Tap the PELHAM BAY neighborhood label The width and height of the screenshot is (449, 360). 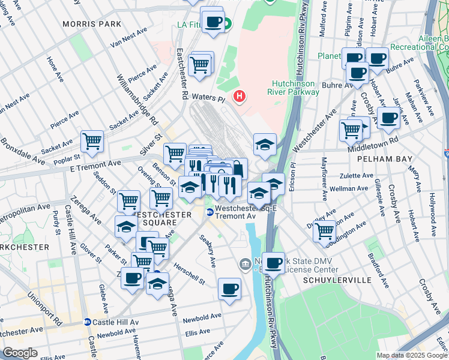coord(384,159)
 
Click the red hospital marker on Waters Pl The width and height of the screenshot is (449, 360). coord(240,96)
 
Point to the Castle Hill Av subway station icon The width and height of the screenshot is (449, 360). coord(88,322)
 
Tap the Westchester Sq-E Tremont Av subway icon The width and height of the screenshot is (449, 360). coord(210,211)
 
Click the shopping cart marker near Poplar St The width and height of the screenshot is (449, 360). coord(92,142)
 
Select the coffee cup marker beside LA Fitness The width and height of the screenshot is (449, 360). coord(212,22)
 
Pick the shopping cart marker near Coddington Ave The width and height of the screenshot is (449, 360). coord(324,230)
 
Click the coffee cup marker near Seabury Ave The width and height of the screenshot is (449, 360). coord(229,289)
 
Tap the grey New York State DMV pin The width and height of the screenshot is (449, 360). coord(245,263)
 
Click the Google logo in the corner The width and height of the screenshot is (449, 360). coord(20,353)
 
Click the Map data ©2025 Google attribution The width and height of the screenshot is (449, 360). coord(412,355)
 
